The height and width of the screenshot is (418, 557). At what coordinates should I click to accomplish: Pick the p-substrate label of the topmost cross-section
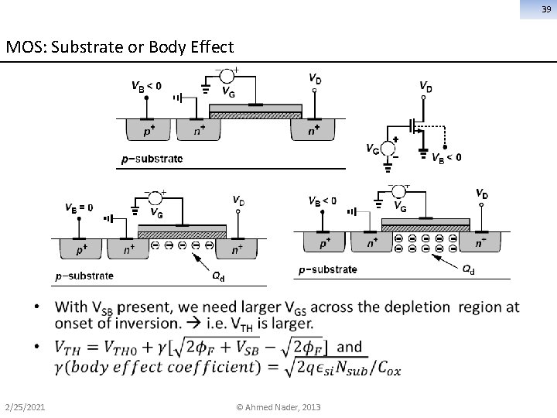point(152,159)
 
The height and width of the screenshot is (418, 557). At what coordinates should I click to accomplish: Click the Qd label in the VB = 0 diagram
point(219,274)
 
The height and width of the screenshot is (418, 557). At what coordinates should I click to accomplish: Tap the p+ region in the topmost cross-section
point(147,132)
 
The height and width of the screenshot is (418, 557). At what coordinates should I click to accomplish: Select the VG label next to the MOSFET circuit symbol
point(373,149)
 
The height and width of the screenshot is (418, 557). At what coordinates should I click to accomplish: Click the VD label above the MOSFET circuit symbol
point(425,87)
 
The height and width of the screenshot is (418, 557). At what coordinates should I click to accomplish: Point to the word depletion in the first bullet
point(420,307)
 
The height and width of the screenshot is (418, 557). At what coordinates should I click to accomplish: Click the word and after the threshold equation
point(350,347)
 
